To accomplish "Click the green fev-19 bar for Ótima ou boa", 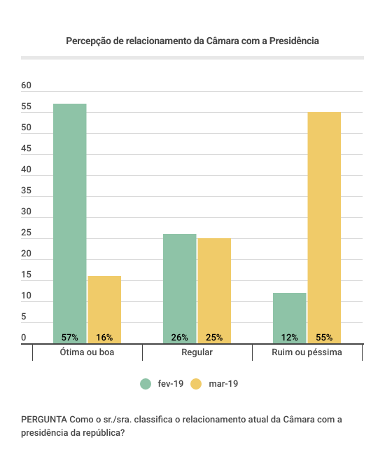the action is [70, 223].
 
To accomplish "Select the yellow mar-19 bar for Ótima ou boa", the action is [104, 310].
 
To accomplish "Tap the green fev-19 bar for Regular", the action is [180, 289].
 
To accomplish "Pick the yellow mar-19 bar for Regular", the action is [214, 291].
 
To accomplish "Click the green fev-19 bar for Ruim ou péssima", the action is [290, 318].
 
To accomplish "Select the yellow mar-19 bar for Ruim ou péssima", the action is [324, 228].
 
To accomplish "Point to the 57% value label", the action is [70, 337].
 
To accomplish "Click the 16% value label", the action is [104, 337].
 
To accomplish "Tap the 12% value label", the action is [290, 337].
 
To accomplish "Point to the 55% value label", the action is [324, 337].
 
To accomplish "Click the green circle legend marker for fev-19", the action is [146, 384].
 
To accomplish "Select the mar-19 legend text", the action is [223, 384].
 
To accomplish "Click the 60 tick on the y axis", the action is [26, 85].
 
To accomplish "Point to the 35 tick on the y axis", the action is [26, 191].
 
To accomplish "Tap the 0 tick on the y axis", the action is [24, 338].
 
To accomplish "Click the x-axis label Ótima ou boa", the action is [87, 352].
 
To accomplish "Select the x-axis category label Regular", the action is [197, 352].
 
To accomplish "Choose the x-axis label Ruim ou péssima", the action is [307, 352].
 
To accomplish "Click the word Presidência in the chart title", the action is [294, 41].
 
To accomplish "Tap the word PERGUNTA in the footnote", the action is [44, 419].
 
